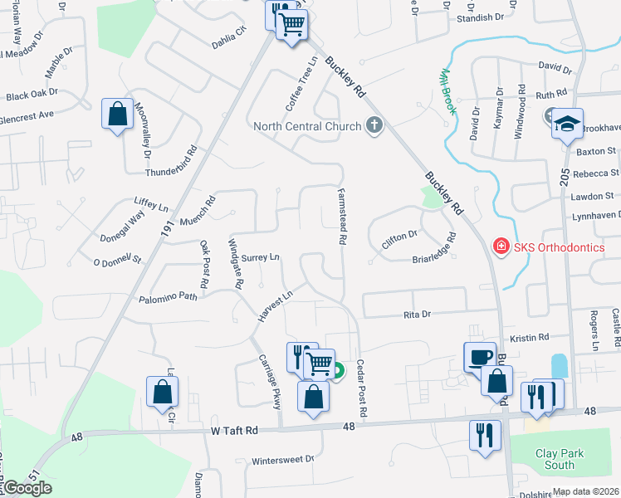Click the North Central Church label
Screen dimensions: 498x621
(x=307, y=126)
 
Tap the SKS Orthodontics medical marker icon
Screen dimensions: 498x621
(x=501, y=247)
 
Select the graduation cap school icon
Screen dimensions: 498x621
(x=567, y=124)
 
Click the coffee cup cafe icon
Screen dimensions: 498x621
(x=479, y=358)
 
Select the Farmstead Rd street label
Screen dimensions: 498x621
(x=341, y=215)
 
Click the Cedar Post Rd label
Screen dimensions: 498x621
(x=362, y=388)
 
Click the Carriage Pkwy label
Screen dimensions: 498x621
(x=271, y=383)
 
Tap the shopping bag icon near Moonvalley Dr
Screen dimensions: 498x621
(x=118, y=115)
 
